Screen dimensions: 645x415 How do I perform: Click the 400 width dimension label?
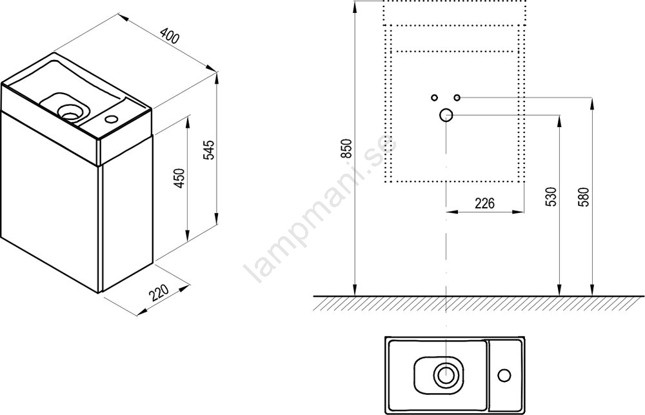pos(170,35)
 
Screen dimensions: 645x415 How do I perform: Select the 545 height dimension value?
pos(210,150)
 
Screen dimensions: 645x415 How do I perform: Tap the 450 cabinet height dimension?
pos(180,178)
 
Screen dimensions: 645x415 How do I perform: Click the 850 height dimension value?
pos(348,148)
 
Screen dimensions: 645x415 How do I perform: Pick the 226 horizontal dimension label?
pos(484,203)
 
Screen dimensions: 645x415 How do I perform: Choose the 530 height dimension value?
pos(552,197)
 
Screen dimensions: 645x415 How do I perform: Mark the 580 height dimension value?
pos(585,197)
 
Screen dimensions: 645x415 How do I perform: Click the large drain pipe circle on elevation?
pos(446,116)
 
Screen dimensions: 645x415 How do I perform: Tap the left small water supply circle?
pos(434,97)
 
